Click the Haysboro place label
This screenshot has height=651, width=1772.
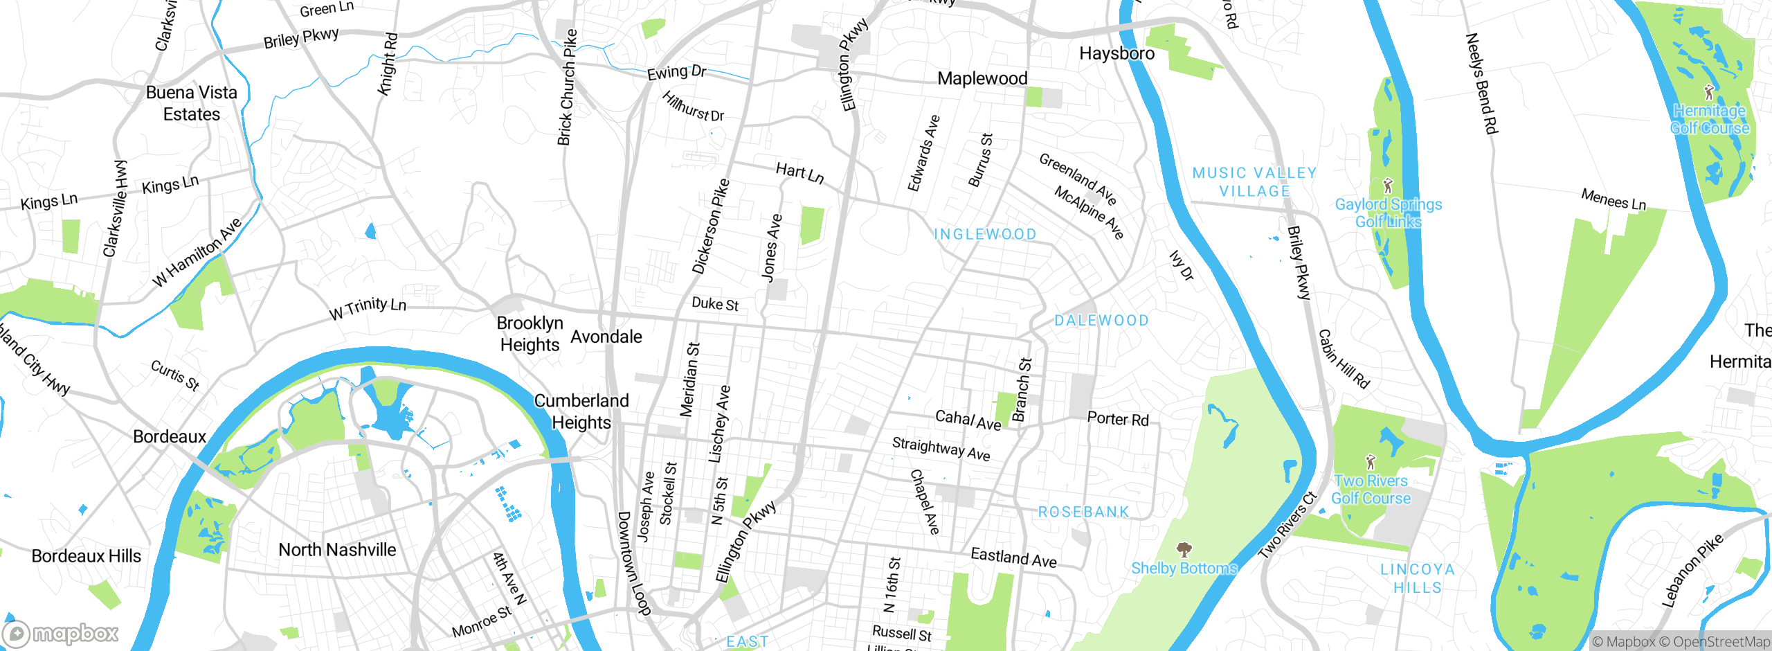coord(1116,54)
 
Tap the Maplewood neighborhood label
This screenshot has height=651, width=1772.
coord(982,79)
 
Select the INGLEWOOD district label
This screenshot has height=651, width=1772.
coord(985,235)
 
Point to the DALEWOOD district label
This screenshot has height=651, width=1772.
coord(1101,321)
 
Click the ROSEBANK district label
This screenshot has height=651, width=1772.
coord(1083,512)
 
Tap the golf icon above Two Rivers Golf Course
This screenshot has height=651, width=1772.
coord(1371,461)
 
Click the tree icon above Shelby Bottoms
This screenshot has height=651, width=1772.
coord(1184,550)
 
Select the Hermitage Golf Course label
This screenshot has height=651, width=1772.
coord(1709,119)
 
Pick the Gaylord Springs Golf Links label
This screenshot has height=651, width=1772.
coord(1388,213)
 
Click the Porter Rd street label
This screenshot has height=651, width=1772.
coord(1117,419)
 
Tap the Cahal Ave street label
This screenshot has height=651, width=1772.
coord(968,420)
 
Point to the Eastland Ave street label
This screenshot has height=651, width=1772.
coord(1013,557)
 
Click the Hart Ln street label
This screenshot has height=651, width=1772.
coord(799,172)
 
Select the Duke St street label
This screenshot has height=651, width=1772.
coord(715,304)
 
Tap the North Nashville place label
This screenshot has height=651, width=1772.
coord(337,550)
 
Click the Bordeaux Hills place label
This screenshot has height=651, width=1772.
coord(87,556)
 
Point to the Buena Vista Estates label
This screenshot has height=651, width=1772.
coord(192,103)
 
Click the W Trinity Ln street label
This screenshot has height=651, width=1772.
coord(368,308)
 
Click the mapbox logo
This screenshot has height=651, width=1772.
coord(61,634)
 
